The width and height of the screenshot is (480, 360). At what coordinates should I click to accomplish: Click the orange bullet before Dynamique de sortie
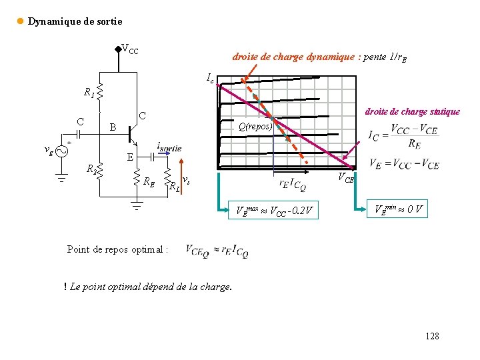click(20, 21)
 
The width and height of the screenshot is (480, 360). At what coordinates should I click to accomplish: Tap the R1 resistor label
click(89, 93)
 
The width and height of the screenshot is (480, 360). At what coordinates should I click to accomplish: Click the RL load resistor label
click(173, 187)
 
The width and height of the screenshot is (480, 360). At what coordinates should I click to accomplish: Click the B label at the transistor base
click(113, 127)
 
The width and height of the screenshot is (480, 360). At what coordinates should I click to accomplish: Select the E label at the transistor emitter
click(130, 157)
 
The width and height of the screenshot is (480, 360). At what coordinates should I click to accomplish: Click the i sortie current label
click(169, 146)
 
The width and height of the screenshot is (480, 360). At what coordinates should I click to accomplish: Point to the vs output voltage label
click(187, 180)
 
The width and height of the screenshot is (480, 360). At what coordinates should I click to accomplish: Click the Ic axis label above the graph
click(210, 79)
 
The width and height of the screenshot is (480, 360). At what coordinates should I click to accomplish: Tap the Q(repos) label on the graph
click(255, 126)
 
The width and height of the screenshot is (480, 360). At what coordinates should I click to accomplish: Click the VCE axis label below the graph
click(345, 177)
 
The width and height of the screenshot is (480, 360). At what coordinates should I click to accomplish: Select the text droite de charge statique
click(411, 111)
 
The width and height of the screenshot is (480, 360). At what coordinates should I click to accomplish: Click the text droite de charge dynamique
click(319, 57)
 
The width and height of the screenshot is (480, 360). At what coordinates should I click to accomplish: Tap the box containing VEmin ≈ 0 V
click(399, 209)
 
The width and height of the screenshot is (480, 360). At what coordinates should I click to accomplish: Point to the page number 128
click(432, 336)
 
